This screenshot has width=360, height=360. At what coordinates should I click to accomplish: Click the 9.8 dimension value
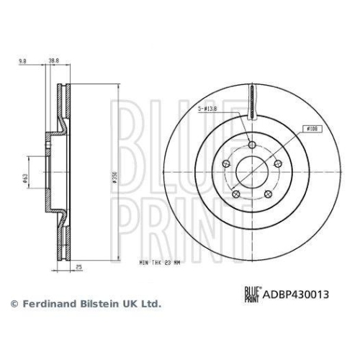coord(24,63)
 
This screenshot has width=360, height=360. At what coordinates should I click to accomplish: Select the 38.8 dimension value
coord(53,63)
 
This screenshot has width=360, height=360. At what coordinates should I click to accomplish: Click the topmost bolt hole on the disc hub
coord(252,146)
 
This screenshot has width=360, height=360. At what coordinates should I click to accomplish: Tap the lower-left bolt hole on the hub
coord(236,193)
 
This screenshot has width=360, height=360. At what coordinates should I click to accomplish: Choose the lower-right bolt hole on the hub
coord(268,193)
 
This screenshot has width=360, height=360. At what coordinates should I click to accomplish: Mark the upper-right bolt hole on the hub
coord(277,164)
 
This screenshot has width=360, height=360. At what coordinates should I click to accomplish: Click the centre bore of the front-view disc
coord(252,172)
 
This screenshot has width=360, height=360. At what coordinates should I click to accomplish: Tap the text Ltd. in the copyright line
coord(150,305)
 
